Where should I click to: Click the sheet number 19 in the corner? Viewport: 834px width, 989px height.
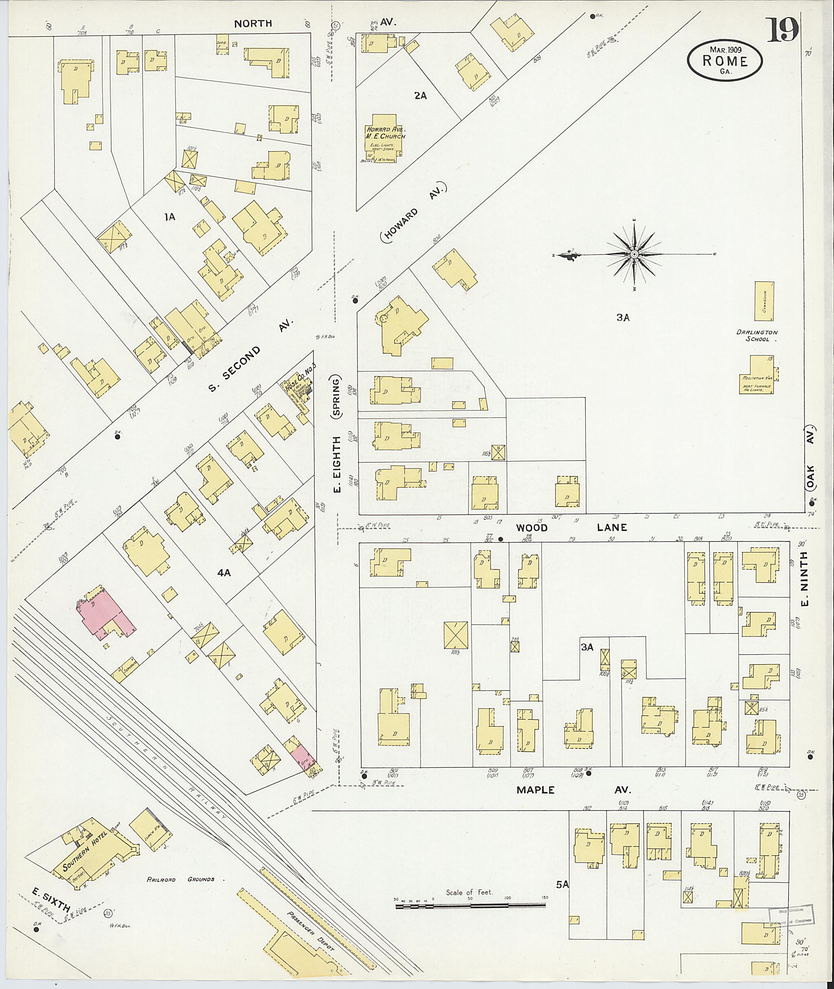point(782,30)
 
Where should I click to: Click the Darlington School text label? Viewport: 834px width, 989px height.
point(757,335)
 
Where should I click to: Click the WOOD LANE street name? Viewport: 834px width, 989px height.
point(571,527)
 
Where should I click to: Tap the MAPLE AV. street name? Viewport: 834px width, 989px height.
point(573,789)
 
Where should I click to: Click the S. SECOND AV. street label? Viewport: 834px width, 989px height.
point(250,355)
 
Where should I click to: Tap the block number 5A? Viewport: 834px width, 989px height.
point(562,884)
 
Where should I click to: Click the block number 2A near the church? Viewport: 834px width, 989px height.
point(420,96)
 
